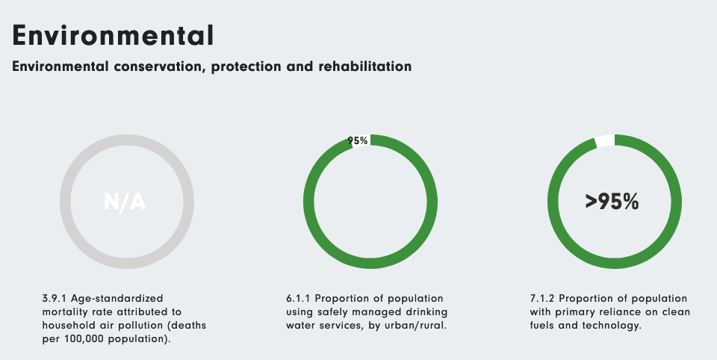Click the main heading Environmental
(x=113, y=35)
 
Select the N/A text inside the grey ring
(x=125, y=202)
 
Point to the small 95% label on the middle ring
(x=358, y=141)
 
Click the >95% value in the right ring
(x=612, y=201)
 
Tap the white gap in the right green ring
(x=605, y=140)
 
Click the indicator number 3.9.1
(x=55, y=298)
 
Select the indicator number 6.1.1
(x=298, y=298)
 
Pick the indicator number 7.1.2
(x=542, y=298)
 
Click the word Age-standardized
(x=117, y=299)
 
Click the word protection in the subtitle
(x=246, y=66)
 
